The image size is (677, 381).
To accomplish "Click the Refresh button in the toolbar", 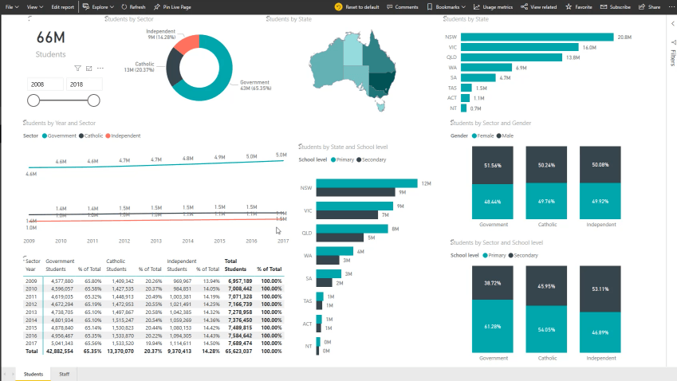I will click(x=134, y=6).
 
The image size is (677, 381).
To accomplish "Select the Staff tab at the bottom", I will click(x=64, y=373).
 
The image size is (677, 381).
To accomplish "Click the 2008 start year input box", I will click(x=45, y=84).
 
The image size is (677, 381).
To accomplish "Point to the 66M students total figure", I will click(x=49, y=38).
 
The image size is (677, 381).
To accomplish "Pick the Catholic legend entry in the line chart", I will click(x=93, y=136).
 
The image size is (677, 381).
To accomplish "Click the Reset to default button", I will click(x=356, y=6).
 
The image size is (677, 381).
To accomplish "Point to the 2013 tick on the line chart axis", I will click(x=155, y=240).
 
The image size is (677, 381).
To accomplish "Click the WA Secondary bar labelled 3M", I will click(x=329, y=260).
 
